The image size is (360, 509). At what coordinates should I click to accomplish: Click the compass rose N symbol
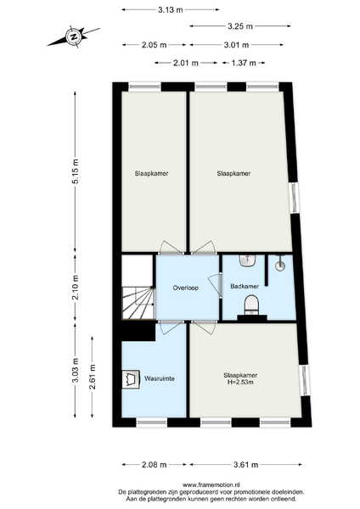pyautogui.click(x=74, y=36)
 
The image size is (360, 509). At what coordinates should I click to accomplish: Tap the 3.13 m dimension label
pyautogui.click(x=171, y=9)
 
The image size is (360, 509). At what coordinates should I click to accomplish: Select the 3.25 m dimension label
pyautogui.click(x=240, y=26)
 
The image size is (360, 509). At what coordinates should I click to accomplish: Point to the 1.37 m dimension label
pyautogui.click(x=244, y=63)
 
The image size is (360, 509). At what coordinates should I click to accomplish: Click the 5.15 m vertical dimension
pyautogui.click(x=76, y=171)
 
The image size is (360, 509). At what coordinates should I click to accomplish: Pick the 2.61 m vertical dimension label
pyautogui.click(x=93, y=377)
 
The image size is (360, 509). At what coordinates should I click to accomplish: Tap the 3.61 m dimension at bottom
pyautogui.click(x=245, y=465)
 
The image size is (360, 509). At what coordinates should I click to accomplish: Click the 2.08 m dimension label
pyautogui.click(x=155, y=465)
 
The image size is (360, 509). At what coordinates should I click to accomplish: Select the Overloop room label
pyautogui.click(x=186, y=288)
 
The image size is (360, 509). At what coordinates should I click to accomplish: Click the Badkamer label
pyautogui.click(x=245, y=286)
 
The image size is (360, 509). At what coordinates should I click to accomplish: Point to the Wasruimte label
pyautogui.click(x=160, y=378)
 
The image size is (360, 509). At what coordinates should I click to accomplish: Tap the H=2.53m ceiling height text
pyautogui.click(x=240, y=383)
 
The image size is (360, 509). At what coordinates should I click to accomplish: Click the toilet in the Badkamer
pyautogui.click(x=251, y=305)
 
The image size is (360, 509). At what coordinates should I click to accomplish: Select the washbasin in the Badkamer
pyautogui.click(x=248, y=260)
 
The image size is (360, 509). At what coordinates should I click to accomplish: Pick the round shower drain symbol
pyautogui.click(x=280, y=266)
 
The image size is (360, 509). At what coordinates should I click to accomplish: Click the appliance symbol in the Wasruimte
pyautogui.click(x=131, y=379)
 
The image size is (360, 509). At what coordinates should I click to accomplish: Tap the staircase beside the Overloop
pyautogui.click(x=138, y=303)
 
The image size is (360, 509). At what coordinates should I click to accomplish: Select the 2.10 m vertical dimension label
pyautogui.click(x=76, y=288)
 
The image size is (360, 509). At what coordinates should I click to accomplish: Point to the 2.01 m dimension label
pyautogui.click(x=186, y=63)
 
